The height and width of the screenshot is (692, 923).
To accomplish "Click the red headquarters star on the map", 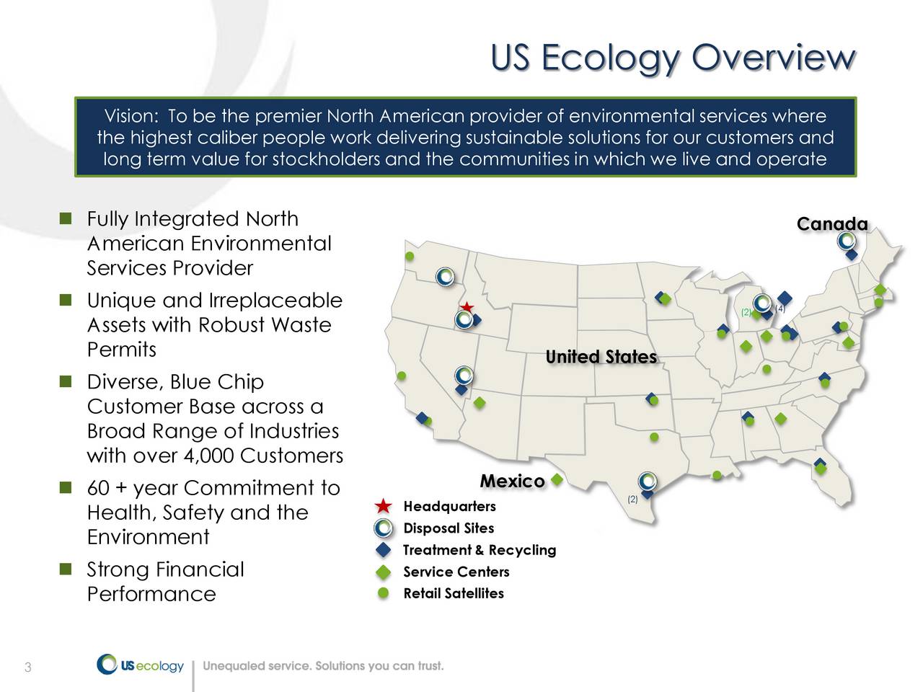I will click(x=467, y=307).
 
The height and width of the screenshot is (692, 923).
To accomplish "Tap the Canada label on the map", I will click(x=831, y=224).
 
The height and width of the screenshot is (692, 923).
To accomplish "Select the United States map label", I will click(x=601, y=358).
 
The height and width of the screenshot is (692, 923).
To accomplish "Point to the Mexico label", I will click(x=512, y=482).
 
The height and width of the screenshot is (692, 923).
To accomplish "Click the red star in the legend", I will click(x=384, y=507).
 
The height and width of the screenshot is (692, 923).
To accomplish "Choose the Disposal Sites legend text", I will click(x=449, y=528).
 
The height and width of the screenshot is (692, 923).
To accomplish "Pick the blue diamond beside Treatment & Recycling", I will click(x=384, y=551).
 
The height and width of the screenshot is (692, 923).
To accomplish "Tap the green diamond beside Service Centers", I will click(x=384, y=572).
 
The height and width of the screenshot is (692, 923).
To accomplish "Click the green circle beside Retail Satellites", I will click(x=384, y=593).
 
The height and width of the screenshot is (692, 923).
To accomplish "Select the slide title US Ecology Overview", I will click(x=673, y=58).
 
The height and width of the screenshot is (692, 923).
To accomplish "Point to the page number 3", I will click(x=27, y=667).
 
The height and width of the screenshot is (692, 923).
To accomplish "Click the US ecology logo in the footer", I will click(x=141, y=665).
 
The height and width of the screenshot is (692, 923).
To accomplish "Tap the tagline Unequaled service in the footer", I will click(x=323, y=666).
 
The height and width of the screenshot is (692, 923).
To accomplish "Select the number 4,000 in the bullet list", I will click(x=208, y=456).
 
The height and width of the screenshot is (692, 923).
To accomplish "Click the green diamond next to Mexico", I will click(x=557, y=480).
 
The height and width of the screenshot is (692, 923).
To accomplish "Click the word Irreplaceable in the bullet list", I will click(x=275, y=301).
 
